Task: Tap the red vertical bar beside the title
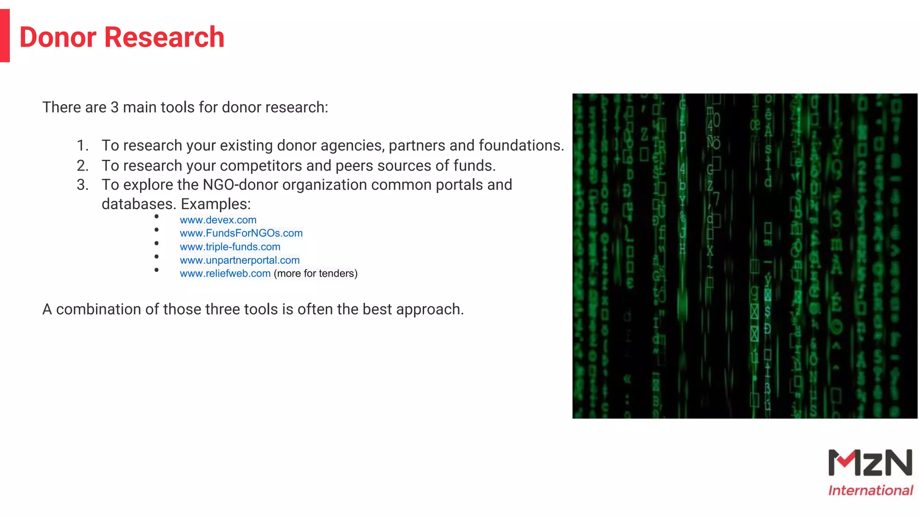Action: pos(5,35)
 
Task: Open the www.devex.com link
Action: pos(218,220)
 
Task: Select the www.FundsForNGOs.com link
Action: pos(241,233)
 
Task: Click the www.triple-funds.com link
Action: pos(230,247)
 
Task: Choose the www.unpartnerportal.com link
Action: pos(240,260)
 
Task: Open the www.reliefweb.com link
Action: pos(225,274)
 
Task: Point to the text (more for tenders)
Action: pos(315,274)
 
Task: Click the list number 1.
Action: pos(82,146)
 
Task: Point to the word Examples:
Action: pos(215,204)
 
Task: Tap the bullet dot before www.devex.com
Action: pos(156,217)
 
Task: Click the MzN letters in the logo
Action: pos(870,463)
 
